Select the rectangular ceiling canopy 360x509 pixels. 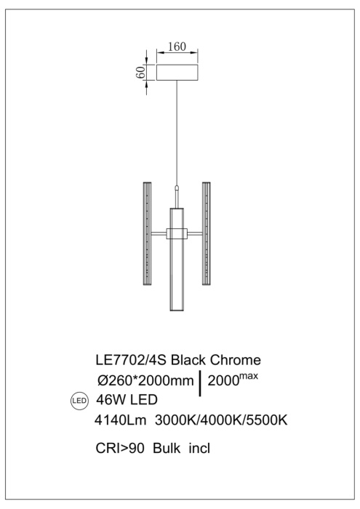tap(177, 73)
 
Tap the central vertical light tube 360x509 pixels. tap(176, 262)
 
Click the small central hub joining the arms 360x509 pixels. tap(176, 233)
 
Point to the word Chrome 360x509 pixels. tap(239, 360)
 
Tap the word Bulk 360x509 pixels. tap(167, 449)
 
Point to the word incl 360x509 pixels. tap(199, 449)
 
